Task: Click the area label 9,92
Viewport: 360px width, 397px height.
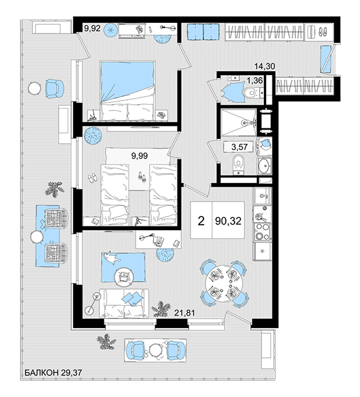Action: click(x=92, y=29)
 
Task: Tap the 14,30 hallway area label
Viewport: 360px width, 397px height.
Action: click(x=265, y=66)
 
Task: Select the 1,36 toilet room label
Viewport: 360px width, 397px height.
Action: click(x=254, y=81)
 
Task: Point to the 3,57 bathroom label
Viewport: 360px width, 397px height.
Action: click(x=240, y=147)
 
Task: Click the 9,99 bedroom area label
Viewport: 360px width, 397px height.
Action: click(x=139, y=156)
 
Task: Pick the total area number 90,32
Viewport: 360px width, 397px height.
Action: click(x=228, y=221)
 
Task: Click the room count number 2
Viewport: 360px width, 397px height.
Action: click(x=201, y=221)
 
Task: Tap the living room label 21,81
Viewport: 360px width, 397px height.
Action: click(x=185, y=313)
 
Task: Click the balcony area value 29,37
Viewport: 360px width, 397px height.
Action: click(x=72, y=372)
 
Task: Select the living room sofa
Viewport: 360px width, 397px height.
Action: click(x=124, y=303)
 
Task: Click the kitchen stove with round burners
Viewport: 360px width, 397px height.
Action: click(x=262, y=231)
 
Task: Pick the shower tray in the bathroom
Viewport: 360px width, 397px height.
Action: click(x=238, y=122)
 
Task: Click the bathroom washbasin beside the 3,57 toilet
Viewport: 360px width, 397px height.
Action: click(x=264, y=166)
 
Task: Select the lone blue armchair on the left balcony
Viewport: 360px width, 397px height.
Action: click(x=54, y=88)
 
